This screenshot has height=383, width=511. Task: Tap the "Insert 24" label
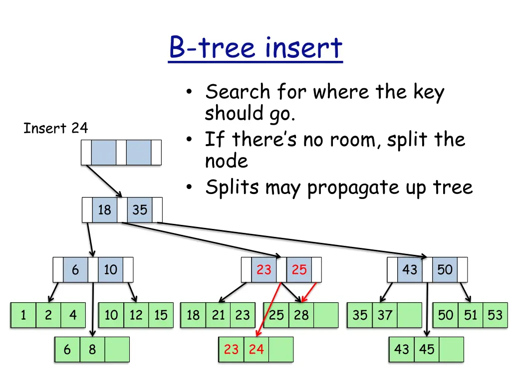coord(56,128)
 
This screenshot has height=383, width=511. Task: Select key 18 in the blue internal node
coord(105,210)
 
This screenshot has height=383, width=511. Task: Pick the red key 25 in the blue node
coord(299,270)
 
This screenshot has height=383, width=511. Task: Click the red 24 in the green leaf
coord(256,349)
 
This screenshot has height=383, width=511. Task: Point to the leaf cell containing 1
coord(23,315)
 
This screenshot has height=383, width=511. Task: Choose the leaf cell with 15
coord(161,315)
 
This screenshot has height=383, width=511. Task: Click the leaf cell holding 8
coord(92,349)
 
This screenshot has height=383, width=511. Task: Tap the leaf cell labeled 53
coord(495,315)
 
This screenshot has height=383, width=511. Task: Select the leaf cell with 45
coord(427,349)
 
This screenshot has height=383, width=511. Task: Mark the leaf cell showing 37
coord(385,315)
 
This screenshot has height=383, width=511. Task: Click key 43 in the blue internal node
coord(410,270)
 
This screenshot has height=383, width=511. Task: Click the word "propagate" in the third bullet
coord(353,188)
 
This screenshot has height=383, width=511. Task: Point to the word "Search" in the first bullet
coord(238,91)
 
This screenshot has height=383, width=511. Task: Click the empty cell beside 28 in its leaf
coord(326,315)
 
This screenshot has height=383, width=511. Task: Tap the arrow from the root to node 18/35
coord(104,181)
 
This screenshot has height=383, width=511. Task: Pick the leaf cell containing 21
coord(218,315)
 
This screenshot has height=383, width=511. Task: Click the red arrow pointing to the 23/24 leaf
coord(268,309)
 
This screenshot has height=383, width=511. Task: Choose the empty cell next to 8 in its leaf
coord(117,349)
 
